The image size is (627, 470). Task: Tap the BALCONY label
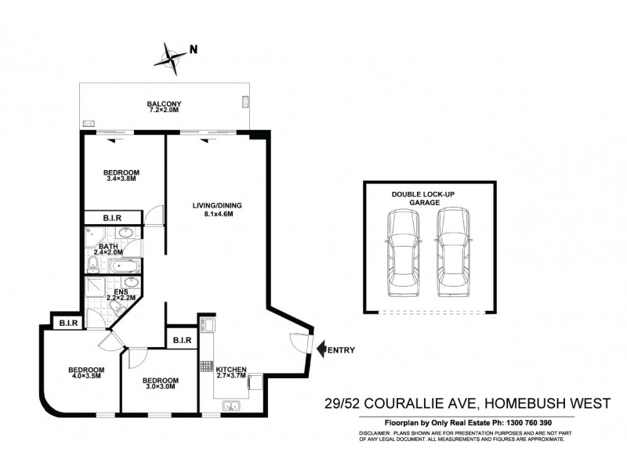coord(165,104)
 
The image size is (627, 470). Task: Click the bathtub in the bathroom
coord(123,268)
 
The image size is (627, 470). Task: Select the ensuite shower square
coord(95,287)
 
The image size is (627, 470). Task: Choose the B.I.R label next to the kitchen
coord(183,340)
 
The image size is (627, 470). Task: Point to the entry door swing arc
coord(296,343)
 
